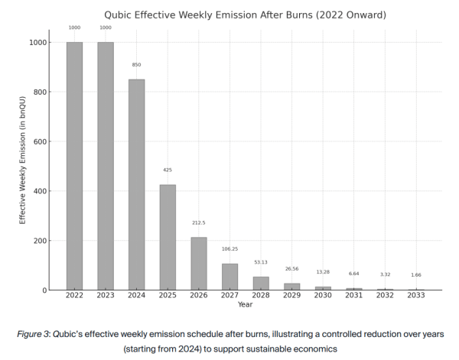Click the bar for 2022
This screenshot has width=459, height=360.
[74, 166]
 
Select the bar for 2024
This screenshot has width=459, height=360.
[136, 184]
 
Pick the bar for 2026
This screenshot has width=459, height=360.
[198, 264]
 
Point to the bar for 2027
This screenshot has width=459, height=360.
[229, 277]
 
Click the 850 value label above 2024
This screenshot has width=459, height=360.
[136, 65]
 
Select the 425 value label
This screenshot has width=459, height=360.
[168, 170]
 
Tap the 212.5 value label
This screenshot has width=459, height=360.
[198, 223]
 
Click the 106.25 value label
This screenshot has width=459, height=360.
[229, 249]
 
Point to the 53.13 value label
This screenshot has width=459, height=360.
[261, 262]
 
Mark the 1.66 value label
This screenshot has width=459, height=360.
[415, 275]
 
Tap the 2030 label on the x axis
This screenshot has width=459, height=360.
[323, 295]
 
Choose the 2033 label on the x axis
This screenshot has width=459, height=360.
[415, 295]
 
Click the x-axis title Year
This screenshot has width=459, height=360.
[245, 304]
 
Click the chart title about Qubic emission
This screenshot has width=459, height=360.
[245, 14]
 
